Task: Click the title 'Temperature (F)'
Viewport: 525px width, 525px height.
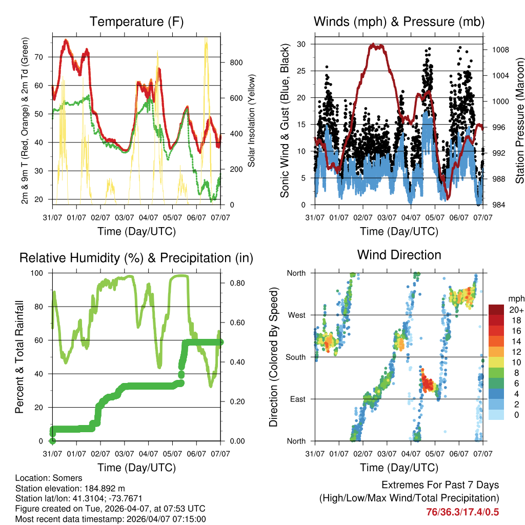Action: pos(136,22)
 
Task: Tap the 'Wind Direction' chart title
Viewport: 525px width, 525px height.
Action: pos(399,255)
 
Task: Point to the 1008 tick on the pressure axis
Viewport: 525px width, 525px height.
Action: pos(499,50)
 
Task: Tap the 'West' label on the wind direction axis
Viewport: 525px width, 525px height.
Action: pos(296,315)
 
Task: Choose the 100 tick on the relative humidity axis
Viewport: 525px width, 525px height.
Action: pos(40,273)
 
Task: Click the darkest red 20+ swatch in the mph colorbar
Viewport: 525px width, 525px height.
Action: pos(497,310)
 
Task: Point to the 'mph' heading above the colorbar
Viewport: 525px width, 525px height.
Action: pos(516,298)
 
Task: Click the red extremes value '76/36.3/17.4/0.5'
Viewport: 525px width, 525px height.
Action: pos(462,512)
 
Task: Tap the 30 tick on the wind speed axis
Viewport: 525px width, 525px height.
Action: pos(301,44)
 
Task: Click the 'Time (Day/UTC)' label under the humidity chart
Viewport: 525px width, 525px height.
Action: pos(136,468)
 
